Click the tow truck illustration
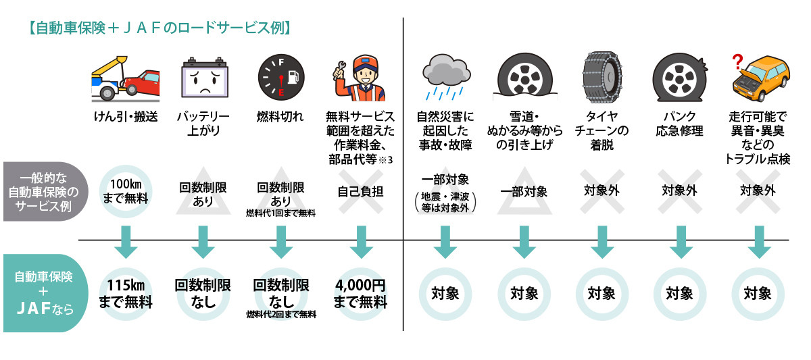[x=126, y=80]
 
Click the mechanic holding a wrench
[x=359, y=78]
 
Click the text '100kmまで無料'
[x=126, y=191]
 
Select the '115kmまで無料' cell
[x=126, y=294]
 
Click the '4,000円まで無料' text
[x=360, y=294]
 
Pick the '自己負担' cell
[x=360, y=192]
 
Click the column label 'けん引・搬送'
[x=126, y=116]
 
